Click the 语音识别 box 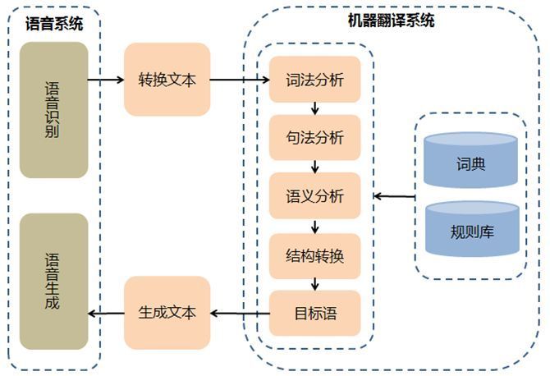pos(54,110)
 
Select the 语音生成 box pos(54,280)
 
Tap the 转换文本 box pos(167,80)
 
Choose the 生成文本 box pos(167,313)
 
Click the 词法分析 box pos(314,80)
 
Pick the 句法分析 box pos(314,137)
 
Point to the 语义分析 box pos(314,196)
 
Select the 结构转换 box pos(314,255)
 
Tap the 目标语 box pos(314,313)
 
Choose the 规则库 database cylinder pos(471,229)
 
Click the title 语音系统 pos(54,24)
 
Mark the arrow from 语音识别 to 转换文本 pos(105,80)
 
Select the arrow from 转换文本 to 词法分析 pos(239,80)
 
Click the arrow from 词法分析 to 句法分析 pos(314,109)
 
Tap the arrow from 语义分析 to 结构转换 pos(314,226)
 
